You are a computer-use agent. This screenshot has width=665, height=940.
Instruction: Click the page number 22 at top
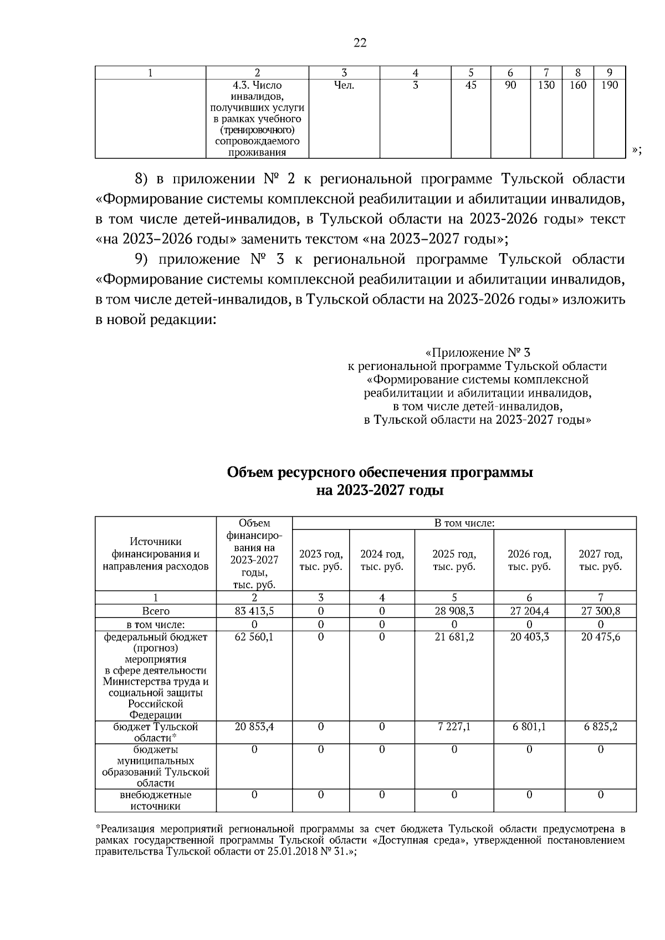pos(360,43)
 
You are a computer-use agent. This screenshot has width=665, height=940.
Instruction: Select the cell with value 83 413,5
pos(254,611)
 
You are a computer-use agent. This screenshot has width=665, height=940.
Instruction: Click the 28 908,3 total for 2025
pos(454,611)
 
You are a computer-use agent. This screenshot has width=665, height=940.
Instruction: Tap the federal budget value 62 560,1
pos(254,637)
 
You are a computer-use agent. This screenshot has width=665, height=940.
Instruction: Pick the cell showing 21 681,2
pos(454,637)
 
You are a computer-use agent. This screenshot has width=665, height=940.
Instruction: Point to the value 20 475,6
pos(600,637)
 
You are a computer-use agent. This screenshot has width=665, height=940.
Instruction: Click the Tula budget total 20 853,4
pos(254,726)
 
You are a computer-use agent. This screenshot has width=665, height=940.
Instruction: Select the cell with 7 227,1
pos(454,726)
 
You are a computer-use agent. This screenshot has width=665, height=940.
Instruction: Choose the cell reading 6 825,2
pos(600,726)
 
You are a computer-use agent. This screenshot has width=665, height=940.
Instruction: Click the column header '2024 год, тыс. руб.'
pos(382,560)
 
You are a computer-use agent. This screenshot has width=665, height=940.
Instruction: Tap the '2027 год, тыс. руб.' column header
pos(600,560)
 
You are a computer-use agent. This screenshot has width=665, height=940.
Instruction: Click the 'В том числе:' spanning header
pos(464,523)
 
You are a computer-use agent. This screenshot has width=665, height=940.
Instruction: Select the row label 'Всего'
pos(156,611)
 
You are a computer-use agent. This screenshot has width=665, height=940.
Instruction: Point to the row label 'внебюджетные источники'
pos(156,800)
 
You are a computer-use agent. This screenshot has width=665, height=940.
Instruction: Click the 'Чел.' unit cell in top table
pos(344,85)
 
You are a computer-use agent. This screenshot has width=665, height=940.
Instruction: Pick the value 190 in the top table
pos(609,85)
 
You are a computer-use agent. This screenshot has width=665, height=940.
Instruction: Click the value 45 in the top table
pos(470,85)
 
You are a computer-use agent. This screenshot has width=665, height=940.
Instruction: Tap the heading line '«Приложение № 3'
pos(477,352)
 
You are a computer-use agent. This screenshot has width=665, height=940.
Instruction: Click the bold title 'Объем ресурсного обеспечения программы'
pos(380,472)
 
